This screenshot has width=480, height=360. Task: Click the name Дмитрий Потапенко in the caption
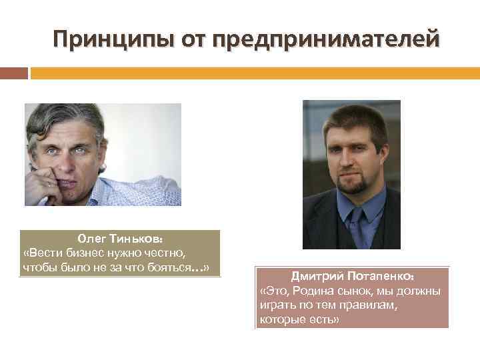tap(353, 276)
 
